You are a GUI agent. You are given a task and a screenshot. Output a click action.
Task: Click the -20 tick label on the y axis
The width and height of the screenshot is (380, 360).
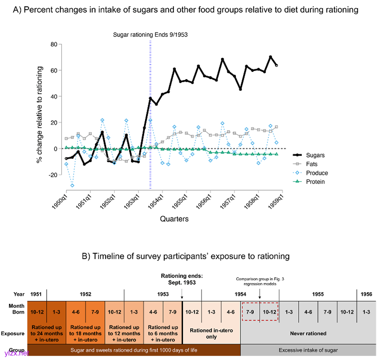pyautogui.click(x=52, y=175)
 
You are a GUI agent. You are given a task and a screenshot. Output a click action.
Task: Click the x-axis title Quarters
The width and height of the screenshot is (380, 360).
pyautogui.click(x=174, y=219)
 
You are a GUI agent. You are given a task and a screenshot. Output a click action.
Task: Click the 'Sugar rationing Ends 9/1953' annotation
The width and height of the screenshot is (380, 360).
pyautogui.click(x=150, y=34)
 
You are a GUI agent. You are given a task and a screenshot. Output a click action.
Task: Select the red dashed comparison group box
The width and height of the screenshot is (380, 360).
pyautogui.click(x=260, y=312)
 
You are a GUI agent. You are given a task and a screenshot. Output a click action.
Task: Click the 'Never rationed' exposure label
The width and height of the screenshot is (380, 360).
pyautogui.click(x=308, y=333)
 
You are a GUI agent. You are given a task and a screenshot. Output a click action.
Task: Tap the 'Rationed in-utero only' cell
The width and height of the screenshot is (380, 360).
pyautogui.click(x=211, y=330)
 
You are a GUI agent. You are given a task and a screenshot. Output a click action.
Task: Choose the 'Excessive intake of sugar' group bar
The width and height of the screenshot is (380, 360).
pyautogui.click(x=308, y=350)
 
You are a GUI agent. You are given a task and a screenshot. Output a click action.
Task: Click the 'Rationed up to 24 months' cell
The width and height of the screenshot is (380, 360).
pyautogui.click(x=47, y=330)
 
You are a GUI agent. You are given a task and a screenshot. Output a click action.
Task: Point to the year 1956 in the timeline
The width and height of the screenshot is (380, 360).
pyautogui.click(x=366, y=294)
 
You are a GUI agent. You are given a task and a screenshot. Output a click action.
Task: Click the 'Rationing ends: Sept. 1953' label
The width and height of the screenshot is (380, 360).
pyautogui.click(x=182, y=279)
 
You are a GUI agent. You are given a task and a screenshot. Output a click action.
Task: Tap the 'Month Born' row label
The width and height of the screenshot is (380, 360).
pyautogui.click(x=16, y=309)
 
